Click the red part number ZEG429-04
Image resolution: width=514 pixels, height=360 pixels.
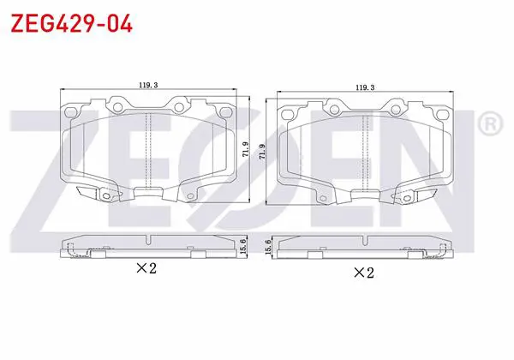[x=72, y=23]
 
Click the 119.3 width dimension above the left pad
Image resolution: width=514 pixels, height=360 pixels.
[x=148, y=85]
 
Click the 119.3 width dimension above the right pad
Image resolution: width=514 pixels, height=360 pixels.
[x=365, y=87]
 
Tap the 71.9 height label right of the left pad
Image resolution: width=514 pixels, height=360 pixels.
[x=246, y=149]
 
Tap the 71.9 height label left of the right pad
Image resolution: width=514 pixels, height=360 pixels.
[x=262, y=152]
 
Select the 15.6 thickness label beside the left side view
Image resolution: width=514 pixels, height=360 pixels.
[x=243, y=245]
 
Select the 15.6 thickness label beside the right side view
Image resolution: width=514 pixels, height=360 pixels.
[x=268, y=247]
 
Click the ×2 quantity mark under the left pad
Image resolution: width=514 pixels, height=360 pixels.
[x=146, y=268]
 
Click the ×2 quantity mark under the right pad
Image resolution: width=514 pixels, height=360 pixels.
[x=363, y=272]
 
